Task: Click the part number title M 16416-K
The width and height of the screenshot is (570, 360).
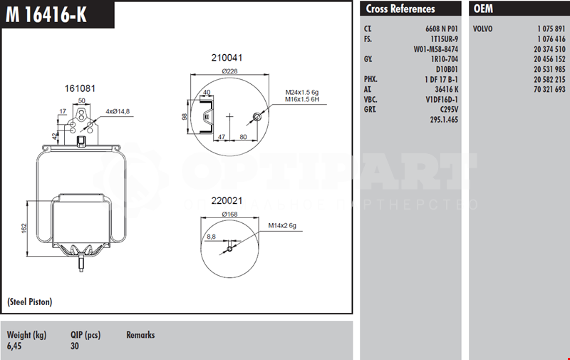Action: [x=46, y=15]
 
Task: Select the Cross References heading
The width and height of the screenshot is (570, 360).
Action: [x=400, y=9]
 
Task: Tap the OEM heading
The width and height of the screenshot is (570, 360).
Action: [x=483, y=9]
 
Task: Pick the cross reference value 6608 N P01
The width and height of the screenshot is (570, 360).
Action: [x=442, y=29]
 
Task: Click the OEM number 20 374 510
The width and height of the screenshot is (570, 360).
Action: [x=549, y=49]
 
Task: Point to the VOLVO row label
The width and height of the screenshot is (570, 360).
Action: [x=483, y=29]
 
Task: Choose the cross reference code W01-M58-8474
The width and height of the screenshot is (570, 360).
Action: [x=435, y=49]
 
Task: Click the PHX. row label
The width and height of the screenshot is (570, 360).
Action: [x=370, y=79]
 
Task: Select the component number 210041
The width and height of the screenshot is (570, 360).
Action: [x=227, y=58]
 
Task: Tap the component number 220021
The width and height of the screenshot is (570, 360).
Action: [x=227, y=201]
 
